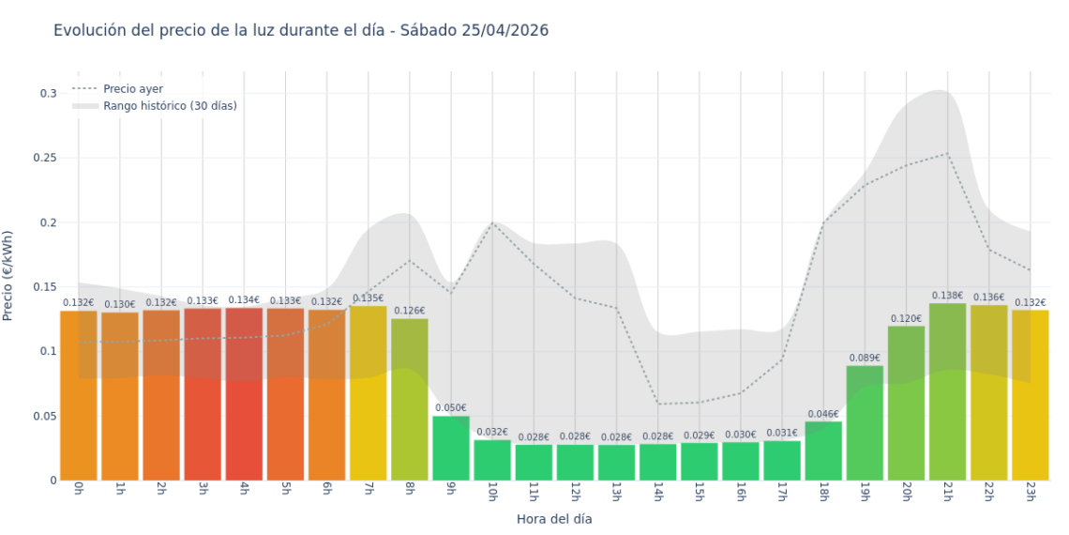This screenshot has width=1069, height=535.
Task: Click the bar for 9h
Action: pos(451,449)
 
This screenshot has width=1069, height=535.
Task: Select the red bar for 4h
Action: pos(244,394)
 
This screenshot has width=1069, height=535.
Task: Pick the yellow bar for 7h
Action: pos(368,393)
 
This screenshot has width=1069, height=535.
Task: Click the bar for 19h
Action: pos(865,423)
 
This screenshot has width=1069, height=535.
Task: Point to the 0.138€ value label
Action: pos(947,296)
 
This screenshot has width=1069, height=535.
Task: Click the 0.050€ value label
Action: pos(451,407)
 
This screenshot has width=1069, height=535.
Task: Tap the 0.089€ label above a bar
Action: pos(865,358)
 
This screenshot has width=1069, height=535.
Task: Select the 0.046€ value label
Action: pos(823,414)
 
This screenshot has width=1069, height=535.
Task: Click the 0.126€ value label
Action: pos(409,311)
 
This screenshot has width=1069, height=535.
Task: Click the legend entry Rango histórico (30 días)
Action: pos(170,106)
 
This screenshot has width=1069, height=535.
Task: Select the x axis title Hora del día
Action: pos(554,518)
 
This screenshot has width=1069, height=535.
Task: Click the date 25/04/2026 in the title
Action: pos(504,30)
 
